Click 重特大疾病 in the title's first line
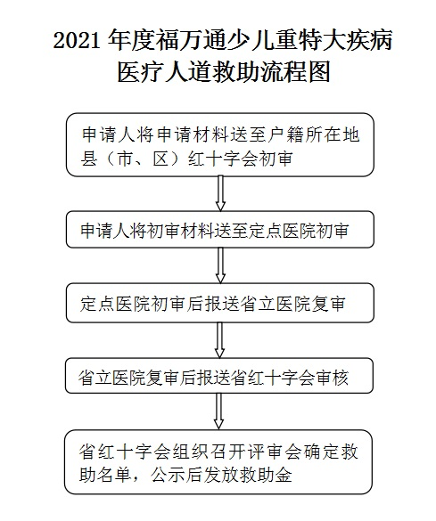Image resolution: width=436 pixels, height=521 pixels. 333,41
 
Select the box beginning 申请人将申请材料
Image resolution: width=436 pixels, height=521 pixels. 220,144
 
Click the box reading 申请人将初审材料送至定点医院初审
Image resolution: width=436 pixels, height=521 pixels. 220,230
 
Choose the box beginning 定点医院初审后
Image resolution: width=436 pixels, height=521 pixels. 220,303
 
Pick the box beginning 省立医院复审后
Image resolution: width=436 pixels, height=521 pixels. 219,376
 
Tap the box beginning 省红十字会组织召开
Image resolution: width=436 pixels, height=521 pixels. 218,462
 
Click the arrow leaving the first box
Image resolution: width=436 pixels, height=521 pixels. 220,193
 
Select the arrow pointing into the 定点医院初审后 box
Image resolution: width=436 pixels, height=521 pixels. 220,265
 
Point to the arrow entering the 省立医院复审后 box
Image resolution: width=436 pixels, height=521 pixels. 219,340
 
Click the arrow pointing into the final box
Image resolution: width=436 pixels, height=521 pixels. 218,411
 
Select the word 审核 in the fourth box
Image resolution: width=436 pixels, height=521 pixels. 333,378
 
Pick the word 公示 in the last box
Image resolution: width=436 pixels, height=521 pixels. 168,475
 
